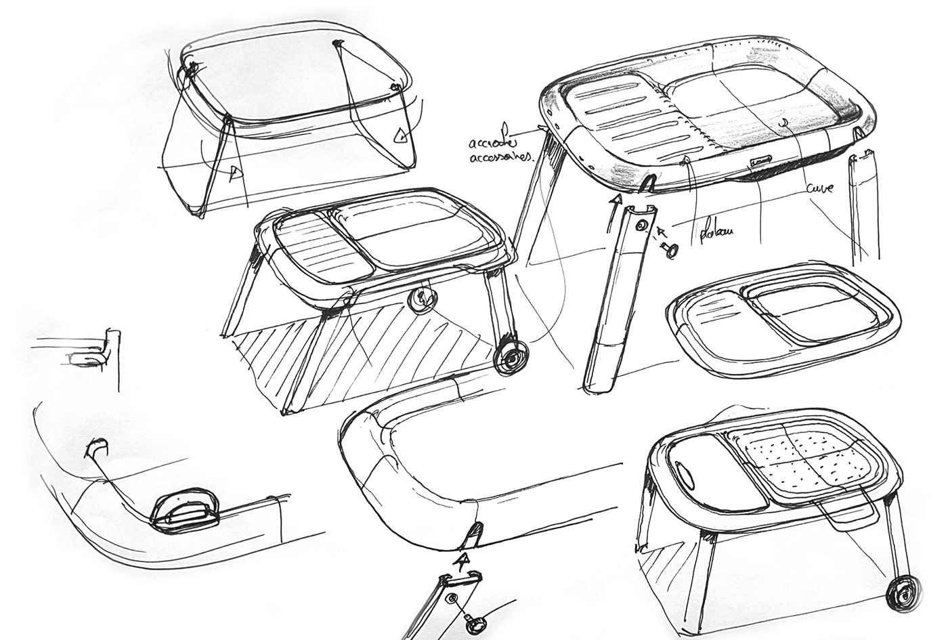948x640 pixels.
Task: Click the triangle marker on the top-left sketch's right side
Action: point(402,135)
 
